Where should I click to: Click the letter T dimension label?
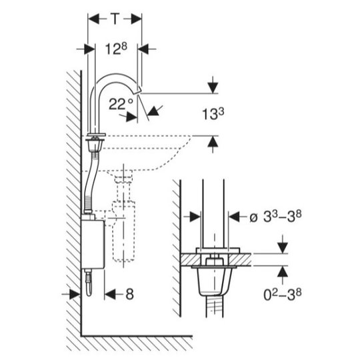pyautogui.click(x=115, y=19)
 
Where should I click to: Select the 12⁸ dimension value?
pyautogui.click(x=116, y=49)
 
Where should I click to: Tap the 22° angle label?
pyautogui.click(x=121, y=104)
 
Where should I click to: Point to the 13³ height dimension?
pyautogui.click(x=213, y=114)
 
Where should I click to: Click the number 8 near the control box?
pyautogui.click(x=130, y=294)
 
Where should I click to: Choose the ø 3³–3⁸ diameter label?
pyautogui.click(x=275, y=216)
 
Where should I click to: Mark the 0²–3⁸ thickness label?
pyautogui.click(x=283, y=295)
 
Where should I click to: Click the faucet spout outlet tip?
pyautogui.click(x=139, y=91)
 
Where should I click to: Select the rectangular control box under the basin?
pyautogui.click(x=93, y=244)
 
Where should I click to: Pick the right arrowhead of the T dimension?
pyautogui.click(x=136, y=19)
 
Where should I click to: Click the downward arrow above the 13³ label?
pyautogui.click(x=213, y=85)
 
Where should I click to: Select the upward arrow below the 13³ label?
pyautogui.click(x=213, y=144)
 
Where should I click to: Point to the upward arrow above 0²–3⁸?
pyautogui.click(x=283, y=275)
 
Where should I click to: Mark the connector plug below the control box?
pyautogui.click(x=89, y=283)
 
